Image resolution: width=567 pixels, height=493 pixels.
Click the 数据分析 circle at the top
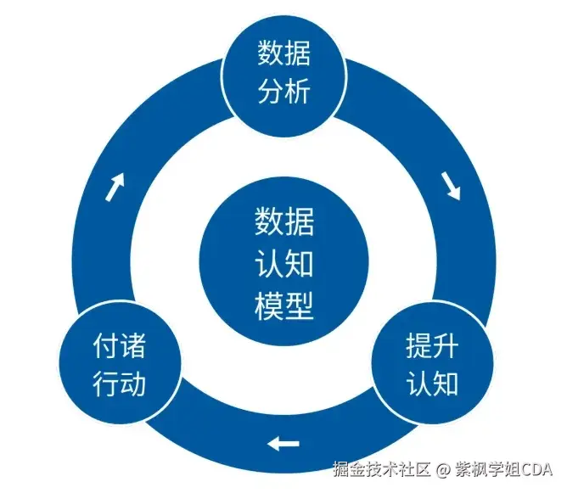[283, 76]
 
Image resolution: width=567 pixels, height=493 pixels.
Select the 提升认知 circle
[433, 363]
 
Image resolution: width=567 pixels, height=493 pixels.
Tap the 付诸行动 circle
[120, 363]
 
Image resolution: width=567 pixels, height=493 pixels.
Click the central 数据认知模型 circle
[283, 261]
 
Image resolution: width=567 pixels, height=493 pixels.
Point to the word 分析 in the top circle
[283, 91]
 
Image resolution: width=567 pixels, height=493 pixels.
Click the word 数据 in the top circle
[283, 53]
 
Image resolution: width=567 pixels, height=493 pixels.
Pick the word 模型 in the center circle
[283, 305]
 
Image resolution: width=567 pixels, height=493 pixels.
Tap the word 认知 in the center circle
[283, 264]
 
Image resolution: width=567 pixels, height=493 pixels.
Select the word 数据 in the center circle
[283, 221]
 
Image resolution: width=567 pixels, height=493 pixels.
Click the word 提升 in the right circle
[432, 345]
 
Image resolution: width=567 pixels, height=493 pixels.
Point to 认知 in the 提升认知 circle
[432, 384]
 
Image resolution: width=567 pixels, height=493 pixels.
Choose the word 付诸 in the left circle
[120, 346]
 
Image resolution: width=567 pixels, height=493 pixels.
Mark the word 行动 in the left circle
[120, 384]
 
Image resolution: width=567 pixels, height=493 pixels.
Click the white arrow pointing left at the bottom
[283, 444]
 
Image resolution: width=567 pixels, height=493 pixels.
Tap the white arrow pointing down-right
[451, 186]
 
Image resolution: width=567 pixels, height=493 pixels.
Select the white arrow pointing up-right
[115, 187]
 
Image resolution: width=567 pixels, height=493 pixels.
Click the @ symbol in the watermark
[443, 470]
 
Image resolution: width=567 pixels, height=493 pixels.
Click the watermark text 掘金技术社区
[382, 469]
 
